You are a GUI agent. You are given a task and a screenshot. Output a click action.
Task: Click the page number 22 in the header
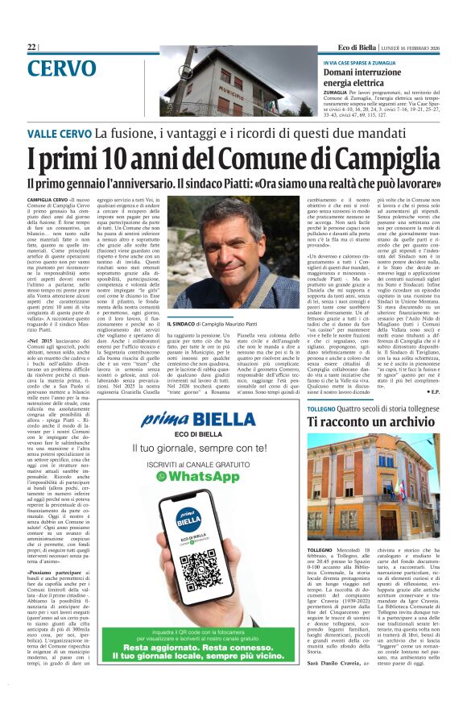click(32, 48)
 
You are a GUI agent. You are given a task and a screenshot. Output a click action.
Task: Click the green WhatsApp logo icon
click(162, 477)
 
